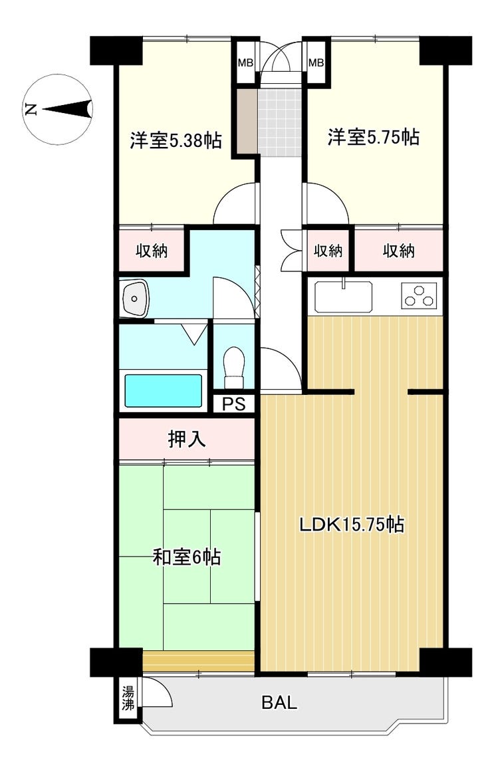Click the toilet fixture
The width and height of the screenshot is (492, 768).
click(234, 367)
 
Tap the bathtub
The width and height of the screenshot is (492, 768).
click(164, 390)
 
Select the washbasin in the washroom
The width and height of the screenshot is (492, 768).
click(134, 298)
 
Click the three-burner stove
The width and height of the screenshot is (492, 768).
click(419, 296)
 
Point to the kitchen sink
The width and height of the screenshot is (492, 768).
click(343, 297)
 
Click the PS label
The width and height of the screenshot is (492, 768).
click(233, 404)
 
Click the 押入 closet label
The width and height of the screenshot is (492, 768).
click(187, 439)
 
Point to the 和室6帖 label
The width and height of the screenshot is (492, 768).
click(187, 557)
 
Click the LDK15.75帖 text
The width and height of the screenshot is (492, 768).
click(352, 525)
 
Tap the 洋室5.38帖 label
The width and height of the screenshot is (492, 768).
click(176, 140)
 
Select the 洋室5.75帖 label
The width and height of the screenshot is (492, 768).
click(373, 137)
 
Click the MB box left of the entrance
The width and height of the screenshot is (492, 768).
click(245, 63)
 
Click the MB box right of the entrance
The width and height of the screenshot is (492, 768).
click(316, 63)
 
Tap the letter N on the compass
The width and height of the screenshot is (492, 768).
click(32, 109)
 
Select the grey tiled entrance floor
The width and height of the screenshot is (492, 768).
click(279, 122)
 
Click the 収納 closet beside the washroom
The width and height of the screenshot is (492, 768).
click(152, 250)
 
